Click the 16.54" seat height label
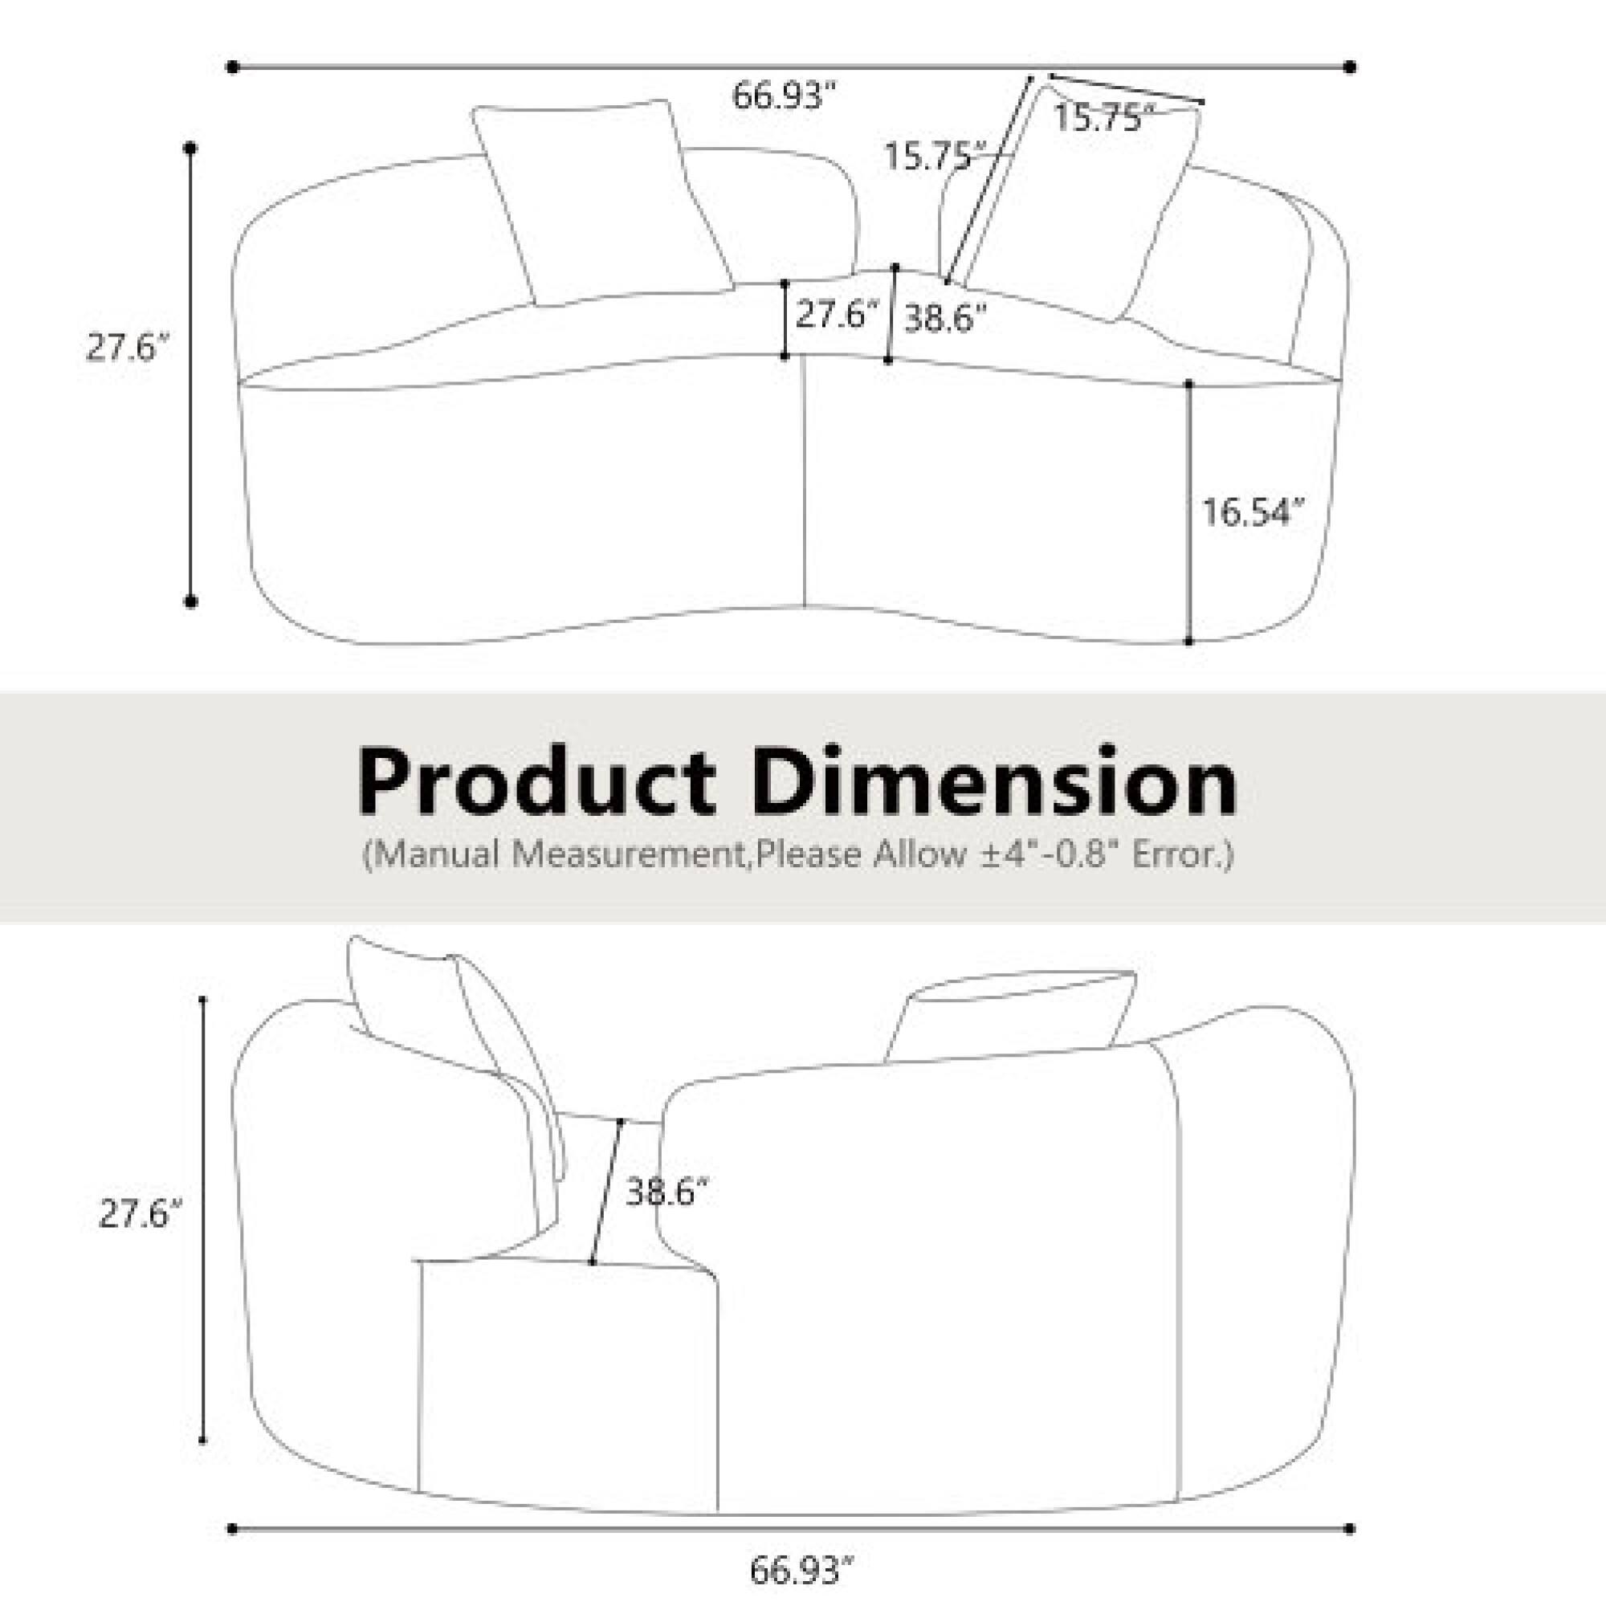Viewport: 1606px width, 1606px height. pos(1253,513)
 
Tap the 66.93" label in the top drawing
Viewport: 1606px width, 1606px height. pos(783,96)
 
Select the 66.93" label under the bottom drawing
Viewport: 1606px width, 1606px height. pos(801,1570)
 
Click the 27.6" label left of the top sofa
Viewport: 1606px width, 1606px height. pos(128,348)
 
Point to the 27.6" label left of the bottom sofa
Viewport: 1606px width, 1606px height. pos(140,1214)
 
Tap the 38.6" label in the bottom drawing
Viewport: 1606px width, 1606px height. pos(666,1192)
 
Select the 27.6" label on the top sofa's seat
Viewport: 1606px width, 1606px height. pos(836,315)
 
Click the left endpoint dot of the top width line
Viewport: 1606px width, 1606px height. pos(233,67)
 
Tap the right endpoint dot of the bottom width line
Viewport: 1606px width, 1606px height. pos(1350,1529)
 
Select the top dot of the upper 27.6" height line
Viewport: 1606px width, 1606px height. pos(190,149)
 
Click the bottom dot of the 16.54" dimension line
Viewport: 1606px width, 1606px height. pos(1188,642)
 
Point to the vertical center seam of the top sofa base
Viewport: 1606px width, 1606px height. pos(804,482)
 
